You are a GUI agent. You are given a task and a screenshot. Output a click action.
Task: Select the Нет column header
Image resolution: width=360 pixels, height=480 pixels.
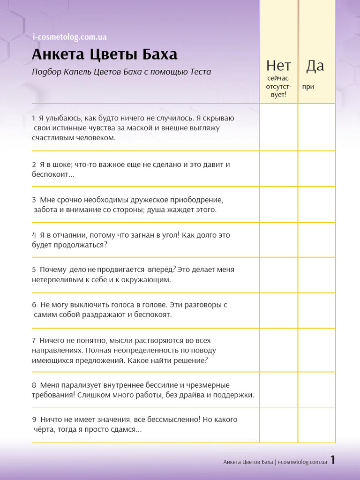(278, 66)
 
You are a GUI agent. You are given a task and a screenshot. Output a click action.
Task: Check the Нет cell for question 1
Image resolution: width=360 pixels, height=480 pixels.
(278, 127)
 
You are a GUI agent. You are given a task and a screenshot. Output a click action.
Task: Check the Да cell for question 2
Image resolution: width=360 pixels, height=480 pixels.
(317, 169)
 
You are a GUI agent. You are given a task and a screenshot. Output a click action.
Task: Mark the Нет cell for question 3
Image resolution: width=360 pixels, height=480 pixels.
(278, 204)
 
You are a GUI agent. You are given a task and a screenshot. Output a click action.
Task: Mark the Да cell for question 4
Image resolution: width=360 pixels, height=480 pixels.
(317, 240)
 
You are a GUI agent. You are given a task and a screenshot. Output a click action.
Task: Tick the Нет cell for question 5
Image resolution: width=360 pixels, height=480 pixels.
(278, 275)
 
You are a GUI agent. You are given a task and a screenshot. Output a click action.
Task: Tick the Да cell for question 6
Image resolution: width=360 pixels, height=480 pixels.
(317, 310)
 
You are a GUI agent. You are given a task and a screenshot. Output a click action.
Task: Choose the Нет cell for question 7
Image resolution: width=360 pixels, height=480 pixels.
(278, 350)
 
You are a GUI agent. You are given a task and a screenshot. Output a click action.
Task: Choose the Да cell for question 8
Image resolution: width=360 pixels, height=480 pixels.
(317, 390)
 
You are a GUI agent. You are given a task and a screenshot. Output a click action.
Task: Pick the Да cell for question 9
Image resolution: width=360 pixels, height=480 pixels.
(317, 425)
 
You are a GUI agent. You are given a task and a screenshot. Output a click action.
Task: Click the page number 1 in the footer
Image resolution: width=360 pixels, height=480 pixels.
(333, 460)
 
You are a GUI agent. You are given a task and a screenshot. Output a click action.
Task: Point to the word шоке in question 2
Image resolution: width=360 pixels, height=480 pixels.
(56, 165)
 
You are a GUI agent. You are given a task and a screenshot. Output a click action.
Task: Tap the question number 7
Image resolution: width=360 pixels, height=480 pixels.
(34, 340)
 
